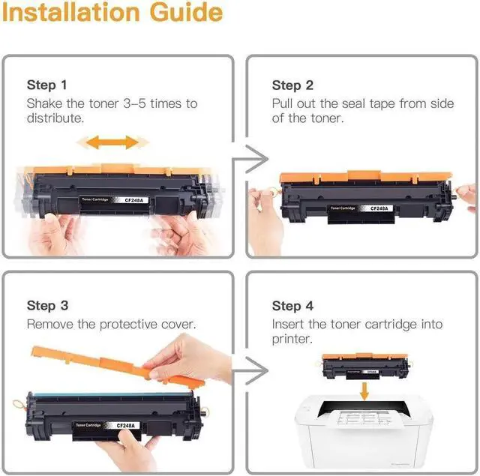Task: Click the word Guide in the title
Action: click(187, 13)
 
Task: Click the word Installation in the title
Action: click(71, 13)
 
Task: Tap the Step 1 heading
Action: click(46, 85)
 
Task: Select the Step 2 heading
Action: click(292, 85)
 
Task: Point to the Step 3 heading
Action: click(47, 306)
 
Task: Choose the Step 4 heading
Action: click(292, 306)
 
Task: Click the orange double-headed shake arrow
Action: click(112, 142)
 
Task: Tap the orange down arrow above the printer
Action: click(364, 391)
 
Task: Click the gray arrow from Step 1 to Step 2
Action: click(250, 159)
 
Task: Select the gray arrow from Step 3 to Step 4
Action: click(250, 370)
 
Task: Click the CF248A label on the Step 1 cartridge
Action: click(133, 200)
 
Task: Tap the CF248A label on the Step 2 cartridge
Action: click(379, 208)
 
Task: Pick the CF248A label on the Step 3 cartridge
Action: click(125, 426)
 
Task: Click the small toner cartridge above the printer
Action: click(365, 366)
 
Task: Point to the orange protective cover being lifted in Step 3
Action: click(116, 364)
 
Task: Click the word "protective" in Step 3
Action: click(128, 325)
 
